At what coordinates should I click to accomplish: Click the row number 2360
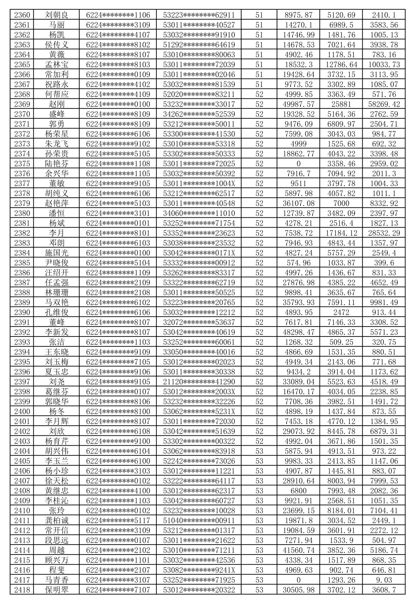[x=22, y=15]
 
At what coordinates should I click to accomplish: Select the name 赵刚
[x=57, y=104]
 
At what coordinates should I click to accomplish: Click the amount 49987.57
[x=299, y=104]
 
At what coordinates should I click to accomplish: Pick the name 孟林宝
[x=57, y=65]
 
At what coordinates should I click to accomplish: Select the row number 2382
[x=22, y=233]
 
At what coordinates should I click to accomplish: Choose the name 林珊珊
[x=57, y=293]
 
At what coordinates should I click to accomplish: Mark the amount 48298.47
[x=299, y=332]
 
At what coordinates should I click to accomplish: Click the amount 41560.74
[x=299, y=550]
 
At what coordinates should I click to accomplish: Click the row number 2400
[x=22, y=411]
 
